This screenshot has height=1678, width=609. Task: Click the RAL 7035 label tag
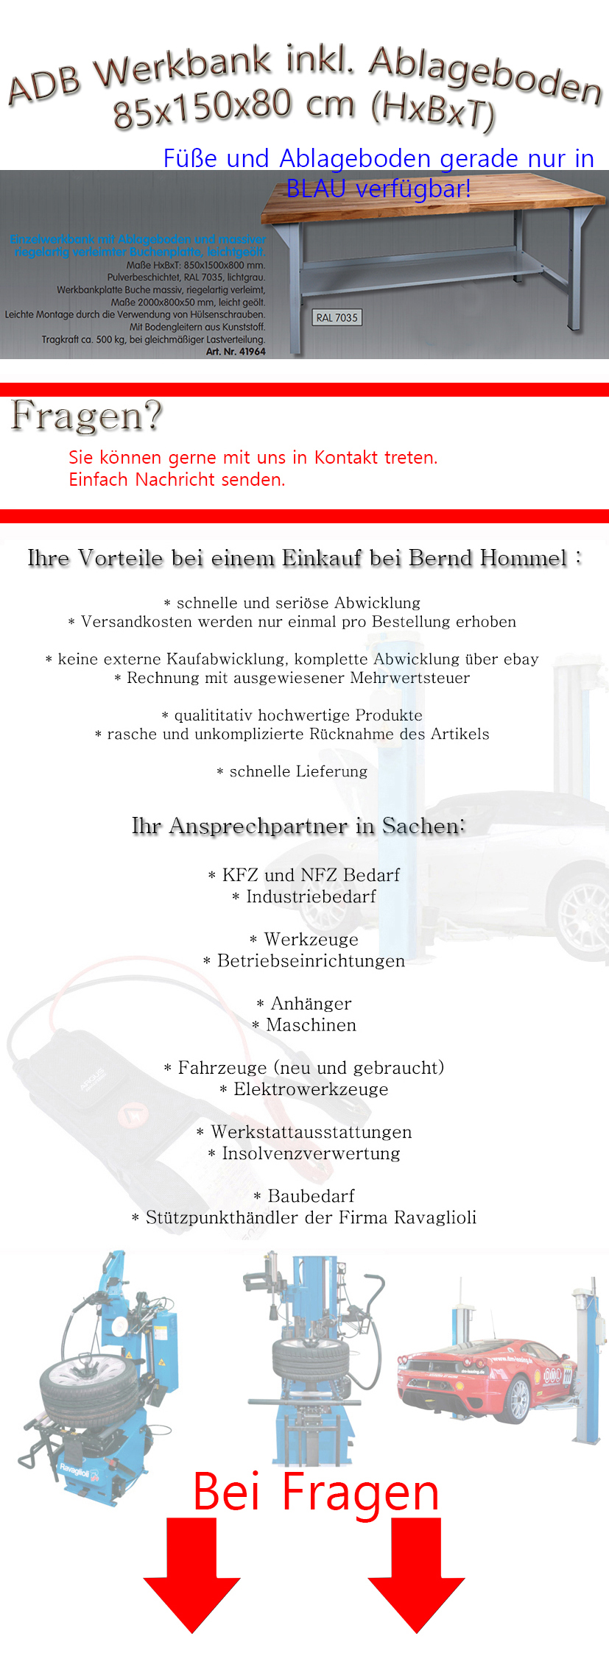click(337, 318)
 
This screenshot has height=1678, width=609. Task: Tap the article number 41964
click(252, 352)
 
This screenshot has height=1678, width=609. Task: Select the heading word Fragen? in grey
click(86, 417)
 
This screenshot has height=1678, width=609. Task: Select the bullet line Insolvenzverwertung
click(311, 1154)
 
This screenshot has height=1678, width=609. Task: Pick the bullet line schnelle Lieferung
click(298, 772)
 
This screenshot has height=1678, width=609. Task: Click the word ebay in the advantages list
click(521, 659)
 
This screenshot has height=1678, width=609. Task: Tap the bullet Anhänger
click(310, 1004)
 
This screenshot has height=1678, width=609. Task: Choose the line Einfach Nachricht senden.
click(177, 480)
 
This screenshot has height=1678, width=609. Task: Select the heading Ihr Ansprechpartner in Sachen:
click(298, 826)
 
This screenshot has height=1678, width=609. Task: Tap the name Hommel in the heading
click(524, 559)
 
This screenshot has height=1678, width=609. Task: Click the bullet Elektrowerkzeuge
click(310, 1090)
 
